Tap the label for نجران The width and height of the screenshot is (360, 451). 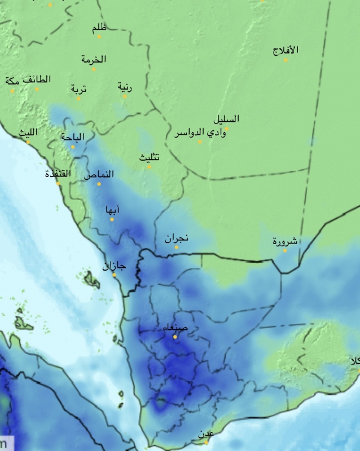point(177,238)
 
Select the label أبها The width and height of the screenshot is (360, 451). point(113,210)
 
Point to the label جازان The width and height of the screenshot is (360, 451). point(115,266)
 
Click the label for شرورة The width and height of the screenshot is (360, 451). point(285,241)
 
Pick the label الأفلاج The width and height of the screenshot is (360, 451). point(286,50)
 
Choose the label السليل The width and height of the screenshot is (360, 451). point(226,119)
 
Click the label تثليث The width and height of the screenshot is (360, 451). point(150,157)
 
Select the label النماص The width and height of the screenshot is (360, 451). point(99,175)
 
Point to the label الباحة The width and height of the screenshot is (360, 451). point(73,137)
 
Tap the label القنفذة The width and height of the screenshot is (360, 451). point(58,174)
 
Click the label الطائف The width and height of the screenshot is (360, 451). point(37,79)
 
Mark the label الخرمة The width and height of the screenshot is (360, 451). point(94,59)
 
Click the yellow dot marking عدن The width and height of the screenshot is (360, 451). point(207,442)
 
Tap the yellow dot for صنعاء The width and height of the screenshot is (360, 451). point(175,337)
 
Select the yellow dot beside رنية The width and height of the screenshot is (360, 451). point(125,96)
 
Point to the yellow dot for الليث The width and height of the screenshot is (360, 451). point(28,142)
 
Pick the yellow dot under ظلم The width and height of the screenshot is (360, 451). point(99,37)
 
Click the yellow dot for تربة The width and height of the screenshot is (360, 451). point(78,98)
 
